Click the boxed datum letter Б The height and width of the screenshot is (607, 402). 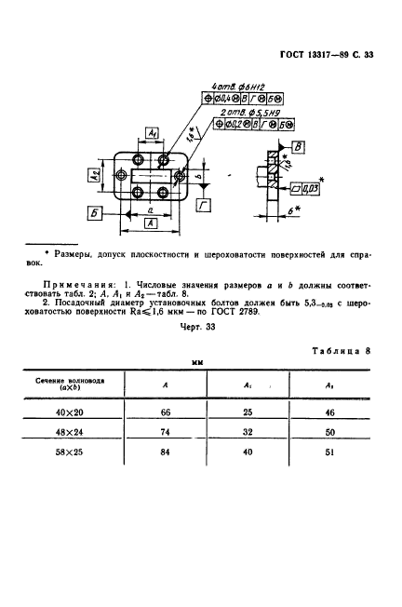pyautogui.click(x=96, y=212)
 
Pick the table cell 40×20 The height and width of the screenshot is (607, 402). pyautogui.click(x=70, y=411)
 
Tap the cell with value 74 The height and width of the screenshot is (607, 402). pyautogui.click(x=165, y=434)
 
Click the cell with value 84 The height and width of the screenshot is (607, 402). pyautogui.click(x=165, y=456)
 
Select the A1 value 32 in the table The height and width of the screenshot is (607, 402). pyautogui.click(x=248, y=434)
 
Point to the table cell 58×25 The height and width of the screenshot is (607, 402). pyautogui.click(x=70, y=456)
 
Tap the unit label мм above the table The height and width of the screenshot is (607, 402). pyautogui.click(x=197, y=360)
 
